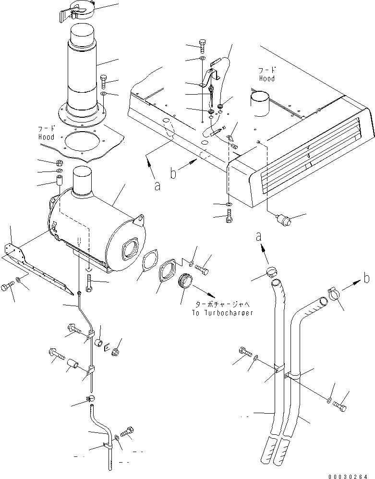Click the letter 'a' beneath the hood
(157, 186)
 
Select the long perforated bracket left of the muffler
(38, 269)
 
